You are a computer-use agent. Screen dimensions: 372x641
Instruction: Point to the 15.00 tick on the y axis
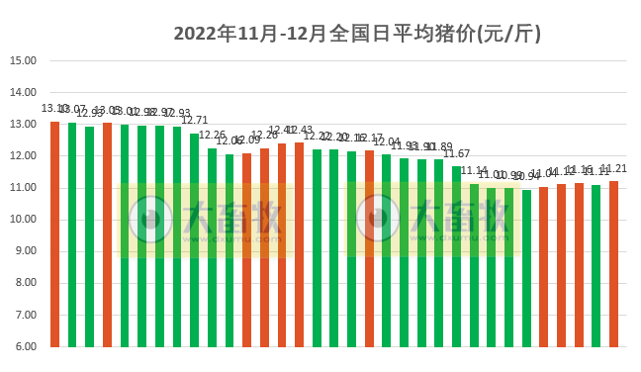[23, 60]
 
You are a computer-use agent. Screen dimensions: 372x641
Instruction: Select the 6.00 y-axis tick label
[23, 347]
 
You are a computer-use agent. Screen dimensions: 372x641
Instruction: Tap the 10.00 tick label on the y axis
[23, 220]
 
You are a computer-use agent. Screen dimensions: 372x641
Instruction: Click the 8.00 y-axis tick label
[23, 283]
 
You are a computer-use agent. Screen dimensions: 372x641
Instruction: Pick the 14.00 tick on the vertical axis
[23, 92]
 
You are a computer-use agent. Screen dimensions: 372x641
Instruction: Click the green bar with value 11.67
[457, 256]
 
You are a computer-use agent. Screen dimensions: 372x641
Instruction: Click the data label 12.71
[194, 121]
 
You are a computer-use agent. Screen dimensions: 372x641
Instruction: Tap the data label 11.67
[457, 154]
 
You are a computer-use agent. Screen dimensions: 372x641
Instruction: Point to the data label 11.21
[614, 169]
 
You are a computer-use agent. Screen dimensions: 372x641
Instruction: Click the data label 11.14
[475, 171]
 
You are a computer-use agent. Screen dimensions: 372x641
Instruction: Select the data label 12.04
[387, 142]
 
